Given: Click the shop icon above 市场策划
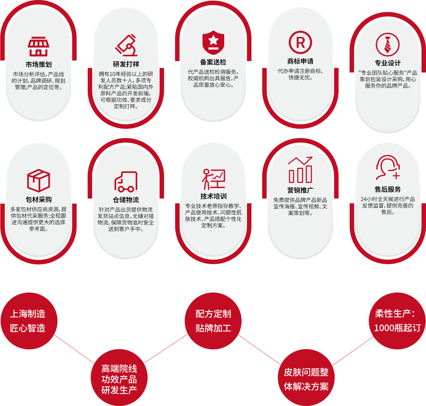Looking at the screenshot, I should pos(38,46).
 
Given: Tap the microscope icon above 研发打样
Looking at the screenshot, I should pos(126,46).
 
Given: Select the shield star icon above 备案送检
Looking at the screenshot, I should pos(213,42).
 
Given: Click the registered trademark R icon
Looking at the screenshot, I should pos(300,43).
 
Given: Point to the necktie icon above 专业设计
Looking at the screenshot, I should pos(387,45).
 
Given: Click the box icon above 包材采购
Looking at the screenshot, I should pos(38,181).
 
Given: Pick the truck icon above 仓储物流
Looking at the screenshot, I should pos(126,181).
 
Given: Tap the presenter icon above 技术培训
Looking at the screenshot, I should pos(213,179).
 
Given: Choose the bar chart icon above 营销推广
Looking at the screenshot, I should pos(300,170).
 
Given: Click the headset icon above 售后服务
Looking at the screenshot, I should pos(388,167).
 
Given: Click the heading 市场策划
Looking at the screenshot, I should pos(38,64).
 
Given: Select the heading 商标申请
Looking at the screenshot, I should pos(300,61).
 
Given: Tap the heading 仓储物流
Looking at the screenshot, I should pos(126,200).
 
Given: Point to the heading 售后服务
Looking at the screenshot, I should pos(388,189).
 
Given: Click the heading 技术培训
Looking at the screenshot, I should pos(213,196).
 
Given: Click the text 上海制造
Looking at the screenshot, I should pos(28,314).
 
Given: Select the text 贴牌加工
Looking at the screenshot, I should pos(213,328).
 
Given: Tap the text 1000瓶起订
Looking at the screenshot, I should pos(397,328).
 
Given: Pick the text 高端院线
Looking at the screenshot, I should pos(119,369).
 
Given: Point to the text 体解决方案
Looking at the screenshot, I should pos(306,387).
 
